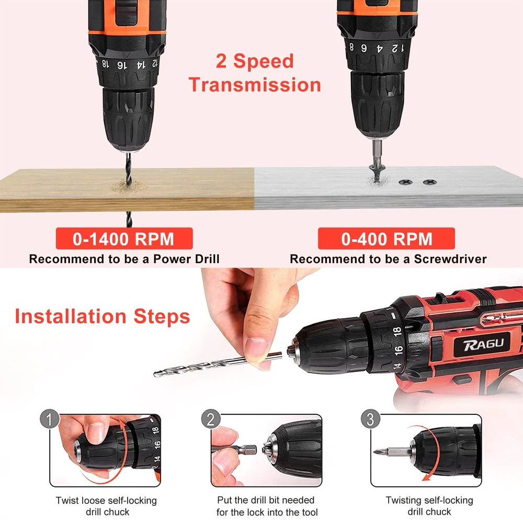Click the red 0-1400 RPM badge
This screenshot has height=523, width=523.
coord(124,238)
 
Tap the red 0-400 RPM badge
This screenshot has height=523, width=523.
coord(386,238)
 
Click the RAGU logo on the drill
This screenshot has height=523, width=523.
coord(483,345)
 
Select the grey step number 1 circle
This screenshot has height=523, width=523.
coord(49,419)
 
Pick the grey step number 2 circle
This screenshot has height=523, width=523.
coord(211,419)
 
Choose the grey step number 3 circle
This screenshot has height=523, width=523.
coord(371,419)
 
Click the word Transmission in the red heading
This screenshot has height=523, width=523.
coord(255,85)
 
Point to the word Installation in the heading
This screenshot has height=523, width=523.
coord(71,316)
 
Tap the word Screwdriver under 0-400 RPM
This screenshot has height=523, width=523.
coord(450,259)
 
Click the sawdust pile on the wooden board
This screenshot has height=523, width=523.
coord(129,187)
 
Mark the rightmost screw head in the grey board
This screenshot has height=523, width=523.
coord(429,182)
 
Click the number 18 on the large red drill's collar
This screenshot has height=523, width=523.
coord(397,332)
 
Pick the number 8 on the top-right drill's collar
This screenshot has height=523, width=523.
coord(351,47)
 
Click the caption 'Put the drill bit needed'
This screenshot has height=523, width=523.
coord(266,500)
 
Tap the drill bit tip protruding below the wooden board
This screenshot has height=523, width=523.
coord(129,219)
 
